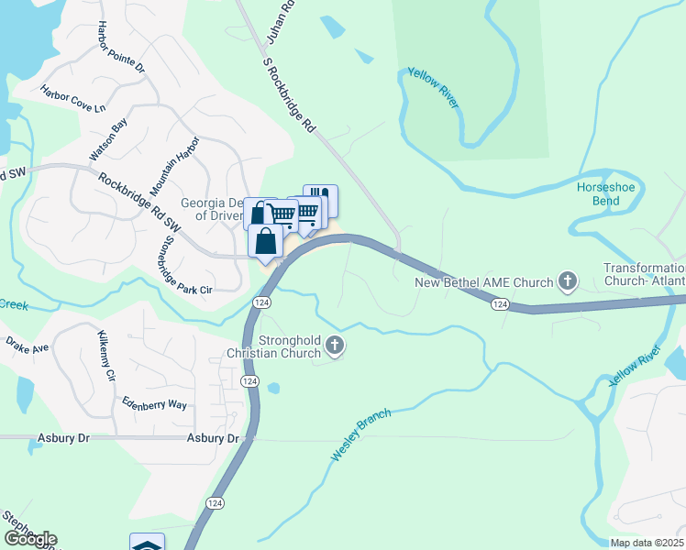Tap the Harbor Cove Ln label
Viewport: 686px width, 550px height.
click(x=72, y=99)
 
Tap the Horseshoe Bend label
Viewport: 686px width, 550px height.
click(x=605, y=193)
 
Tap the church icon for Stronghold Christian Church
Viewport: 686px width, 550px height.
click(x=335, y=346)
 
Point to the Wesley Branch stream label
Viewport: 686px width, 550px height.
click(x=361, y=434)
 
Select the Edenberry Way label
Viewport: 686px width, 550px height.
click(x=152, y=404)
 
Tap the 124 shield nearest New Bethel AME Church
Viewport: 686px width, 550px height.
click(x=500, y=303)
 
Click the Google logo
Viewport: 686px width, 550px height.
click(x=30, y=539)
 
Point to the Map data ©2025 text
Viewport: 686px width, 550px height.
click(x=647, y=543)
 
